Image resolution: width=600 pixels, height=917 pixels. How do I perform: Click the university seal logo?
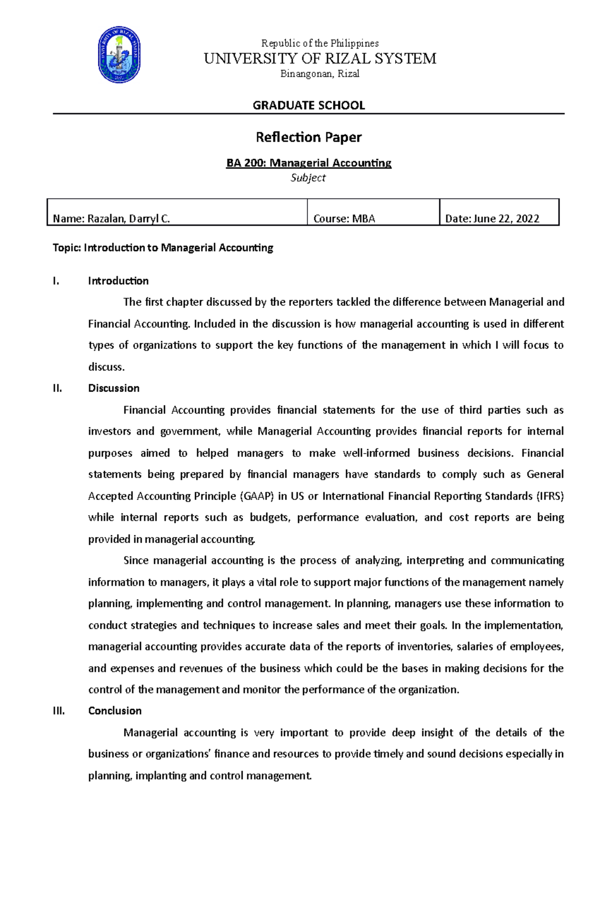coord(119,55)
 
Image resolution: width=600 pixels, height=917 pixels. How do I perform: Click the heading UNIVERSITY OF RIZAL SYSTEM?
coord(320,58)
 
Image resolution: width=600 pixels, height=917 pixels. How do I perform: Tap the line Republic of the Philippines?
coord(320,43)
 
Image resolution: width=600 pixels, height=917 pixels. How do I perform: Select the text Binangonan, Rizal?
coord(320,74)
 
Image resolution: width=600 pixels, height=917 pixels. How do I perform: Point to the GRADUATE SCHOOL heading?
coord(308,105)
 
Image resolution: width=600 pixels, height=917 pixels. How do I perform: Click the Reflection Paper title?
coord(308,137)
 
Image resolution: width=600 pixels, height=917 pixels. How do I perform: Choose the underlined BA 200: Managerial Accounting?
coord(308,163)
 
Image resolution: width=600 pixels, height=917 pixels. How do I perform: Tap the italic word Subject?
coord(308,177)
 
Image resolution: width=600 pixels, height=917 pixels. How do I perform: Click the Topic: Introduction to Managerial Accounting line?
coord(163,247)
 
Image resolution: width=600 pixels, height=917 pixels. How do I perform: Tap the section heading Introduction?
coord(118,281)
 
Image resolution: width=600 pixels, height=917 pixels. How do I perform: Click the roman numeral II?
coord(57,388)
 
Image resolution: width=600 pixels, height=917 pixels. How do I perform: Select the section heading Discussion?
coord(113,388)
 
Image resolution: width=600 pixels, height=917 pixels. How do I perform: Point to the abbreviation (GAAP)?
coord(256,496)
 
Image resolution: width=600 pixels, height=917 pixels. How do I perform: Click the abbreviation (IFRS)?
coord(550,496)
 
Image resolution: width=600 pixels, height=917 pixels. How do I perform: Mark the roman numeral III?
coord(58,711)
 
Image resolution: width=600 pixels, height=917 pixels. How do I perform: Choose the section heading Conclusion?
coord(114,711)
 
